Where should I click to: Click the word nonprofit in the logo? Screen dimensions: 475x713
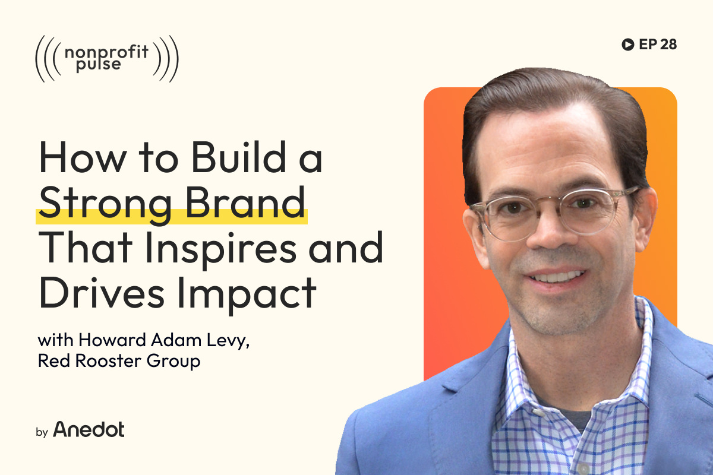[107, 52]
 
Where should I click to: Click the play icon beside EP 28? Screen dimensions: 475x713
[626, 45]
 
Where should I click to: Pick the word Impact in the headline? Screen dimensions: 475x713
[247, 293]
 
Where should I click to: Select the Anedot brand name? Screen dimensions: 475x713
[89, 429]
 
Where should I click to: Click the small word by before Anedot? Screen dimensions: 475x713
[42, 432]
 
